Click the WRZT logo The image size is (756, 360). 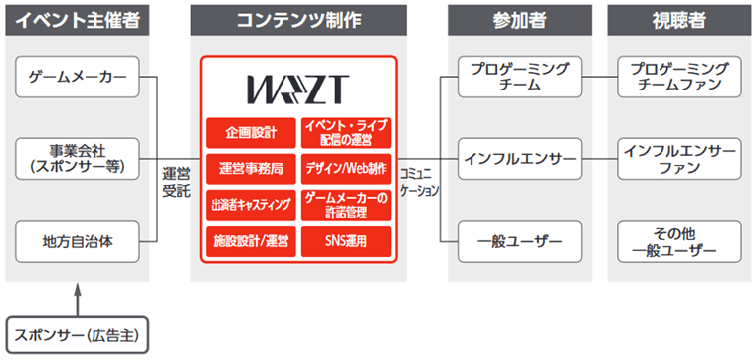[x=297, y=90]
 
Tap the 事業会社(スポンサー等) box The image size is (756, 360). [x=77, y=158]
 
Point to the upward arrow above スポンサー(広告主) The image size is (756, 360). [x=77, y=297]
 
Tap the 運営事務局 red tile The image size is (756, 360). [x=251, y=168]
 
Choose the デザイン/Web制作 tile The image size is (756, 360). [x=345, y=168]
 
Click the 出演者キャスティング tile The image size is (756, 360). [x=251, y=205]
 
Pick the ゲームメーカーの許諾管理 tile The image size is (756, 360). [x=345, y=205]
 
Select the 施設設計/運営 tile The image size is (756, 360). [x=251, y=241]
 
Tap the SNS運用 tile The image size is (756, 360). [x=345, y=241]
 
